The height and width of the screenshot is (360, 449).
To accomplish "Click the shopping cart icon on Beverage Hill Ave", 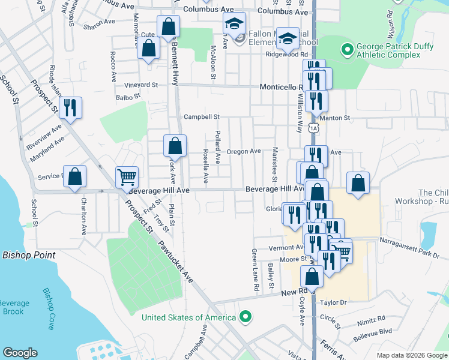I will [x=127, y=177].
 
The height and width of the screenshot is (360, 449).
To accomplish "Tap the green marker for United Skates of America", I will [x=245, y=316].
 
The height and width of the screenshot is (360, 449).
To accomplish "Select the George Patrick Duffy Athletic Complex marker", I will [x=346, y=48].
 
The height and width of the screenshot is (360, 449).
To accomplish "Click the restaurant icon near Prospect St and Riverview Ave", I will [x=70, y=107].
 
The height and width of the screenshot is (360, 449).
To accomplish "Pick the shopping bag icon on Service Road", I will [x=74, y=176].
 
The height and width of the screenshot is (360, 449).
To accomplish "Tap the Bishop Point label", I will [x=29, y=255].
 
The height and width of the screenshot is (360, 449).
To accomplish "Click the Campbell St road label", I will [x=202, y=117].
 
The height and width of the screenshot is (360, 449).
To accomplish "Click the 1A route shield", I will [x=313, y=127].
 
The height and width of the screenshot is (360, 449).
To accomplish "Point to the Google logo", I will [x=20, y=353].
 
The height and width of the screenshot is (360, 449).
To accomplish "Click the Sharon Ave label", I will [x=99, y=21].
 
